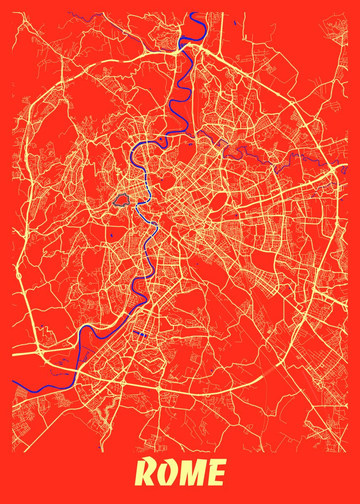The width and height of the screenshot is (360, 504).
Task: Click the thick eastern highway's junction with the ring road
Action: (334, 170)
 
